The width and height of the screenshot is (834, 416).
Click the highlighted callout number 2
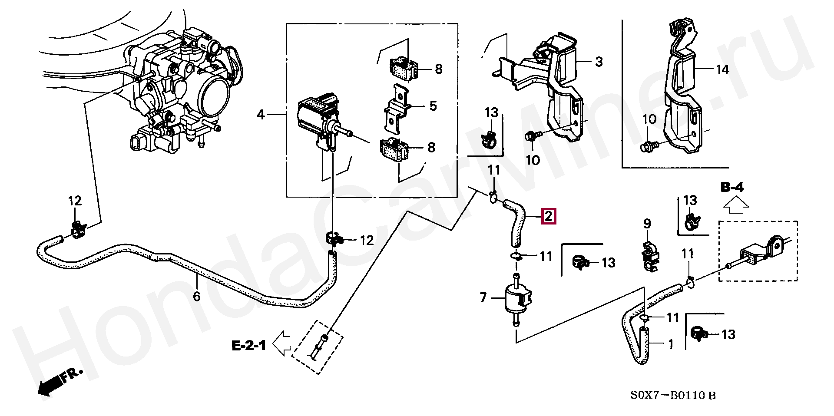tap(548, 216)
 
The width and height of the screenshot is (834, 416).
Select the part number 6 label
tap(197, 296)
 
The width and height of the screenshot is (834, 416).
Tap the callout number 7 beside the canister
tap(483, 297)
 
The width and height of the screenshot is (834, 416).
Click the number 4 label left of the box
tap(261, 115)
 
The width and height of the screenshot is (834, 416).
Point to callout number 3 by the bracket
tap(599, 62)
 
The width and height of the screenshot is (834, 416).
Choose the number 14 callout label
tap(722, 69)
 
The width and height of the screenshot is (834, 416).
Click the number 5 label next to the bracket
tap(433, 106)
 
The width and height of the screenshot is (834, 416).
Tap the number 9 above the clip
tap(647, 224)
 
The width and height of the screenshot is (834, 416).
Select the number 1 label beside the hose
tap(671, 344)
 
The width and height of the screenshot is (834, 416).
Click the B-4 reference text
tap(732, 187)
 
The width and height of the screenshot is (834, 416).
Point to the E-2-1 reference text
tap(249, 346)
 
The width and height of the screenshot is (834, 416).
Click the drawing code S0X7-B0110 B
tap(673, 395)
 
